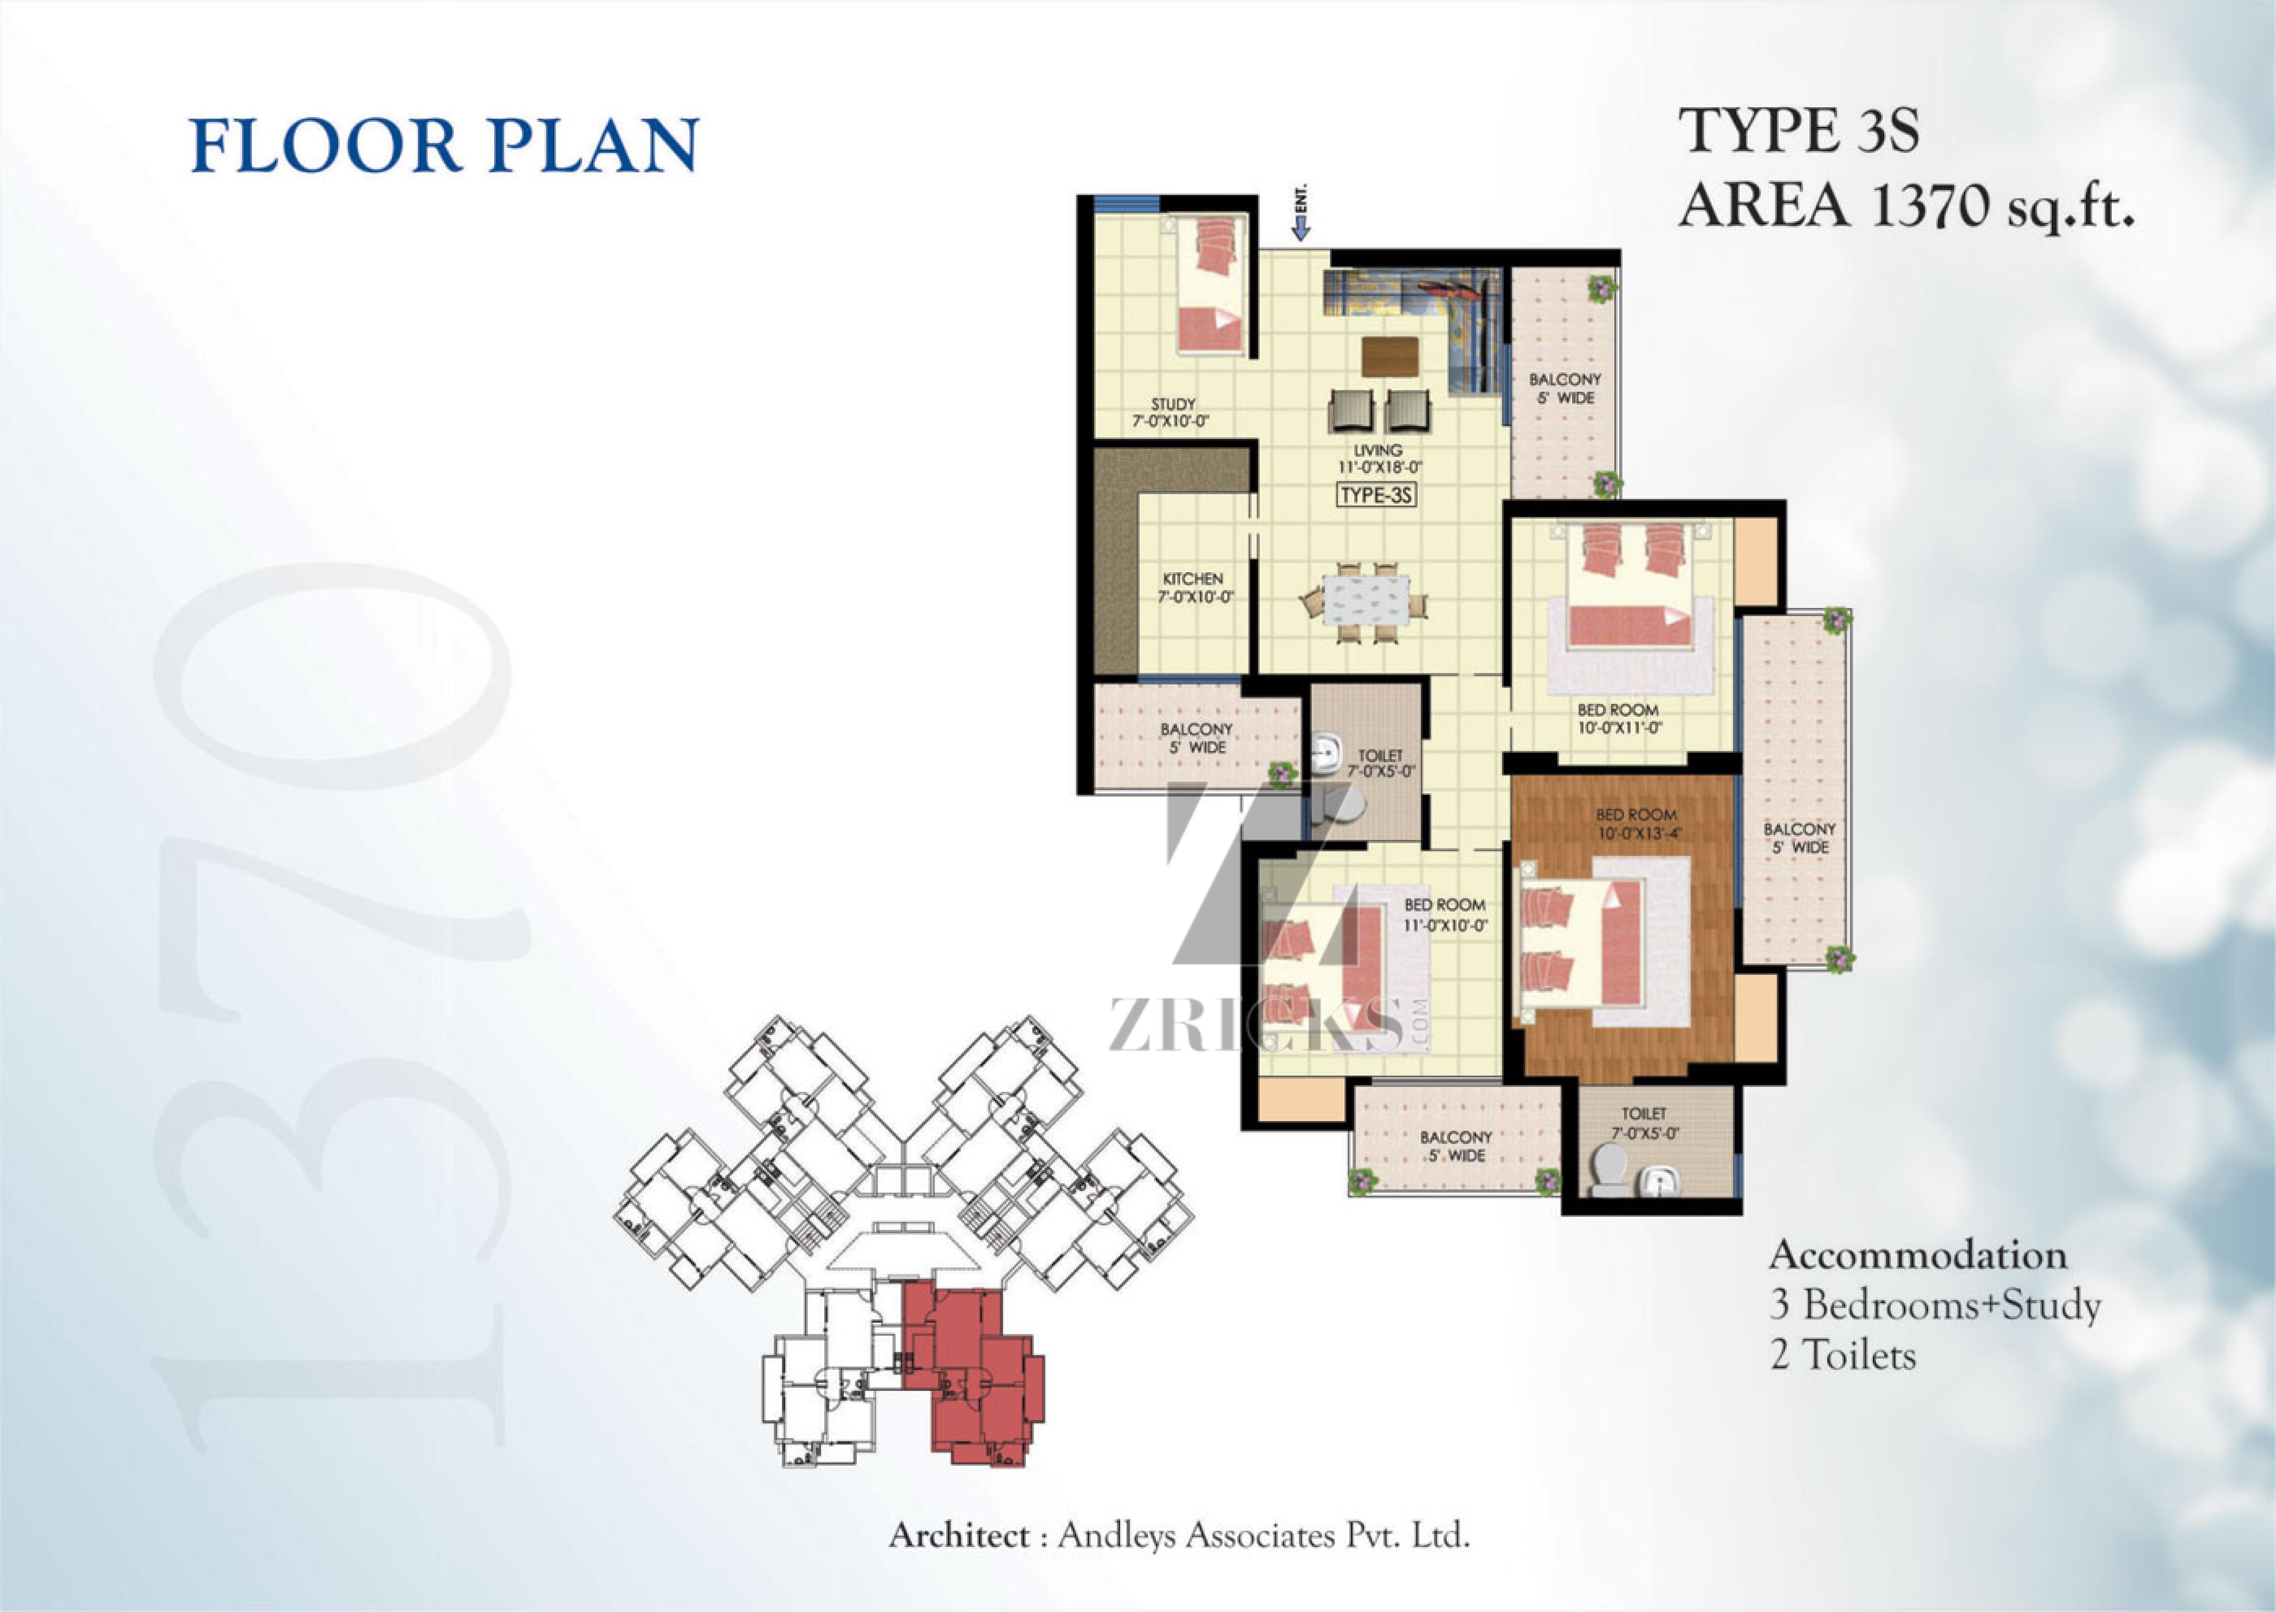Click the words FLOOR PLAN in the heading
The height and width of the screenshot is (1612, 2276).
coord(445,145)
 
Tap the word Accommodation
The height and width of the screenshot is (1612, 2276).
coord(1918,1255)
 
